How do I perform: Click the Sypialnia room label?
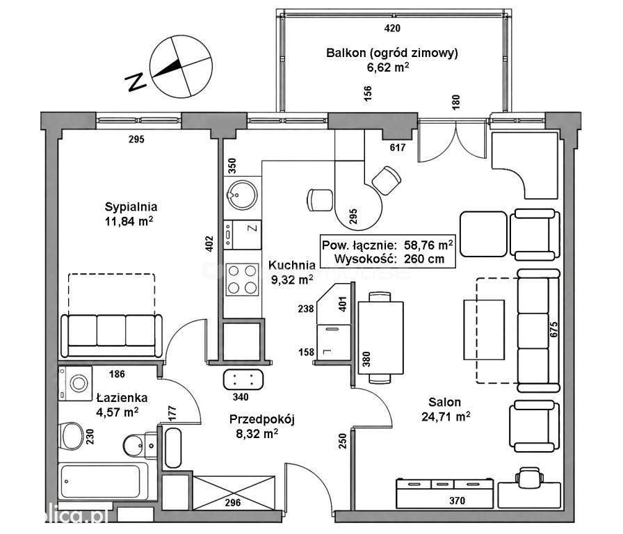click(131, 207)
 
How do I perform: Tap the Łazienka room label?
click(116, 397)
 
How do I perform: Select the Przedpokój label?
click(262, 419)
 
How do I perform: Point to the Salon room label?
click(444, 402)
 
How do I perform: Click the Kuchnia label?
click(292, 265)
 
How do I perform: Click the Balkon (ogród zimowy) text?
click(391, 53)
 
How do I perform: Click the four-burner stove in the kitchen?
click(242, 279)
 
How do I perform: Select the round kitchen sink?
click(242, 195)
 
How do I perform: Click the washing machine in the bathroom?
click(75, 383)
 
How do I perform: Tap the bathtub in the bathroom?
click(104, 482)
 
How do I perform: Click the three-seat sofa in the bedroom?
click(112, 335)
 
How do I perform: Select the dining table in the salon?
click(380, 338)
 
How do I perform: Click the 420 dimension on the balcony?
click(393, 29)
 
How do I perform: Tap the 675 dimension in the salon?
click(554, 330)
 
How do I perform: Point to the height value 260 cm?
click(424, 259)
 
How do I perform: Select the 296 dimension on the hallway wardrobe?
click(233, 503)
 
